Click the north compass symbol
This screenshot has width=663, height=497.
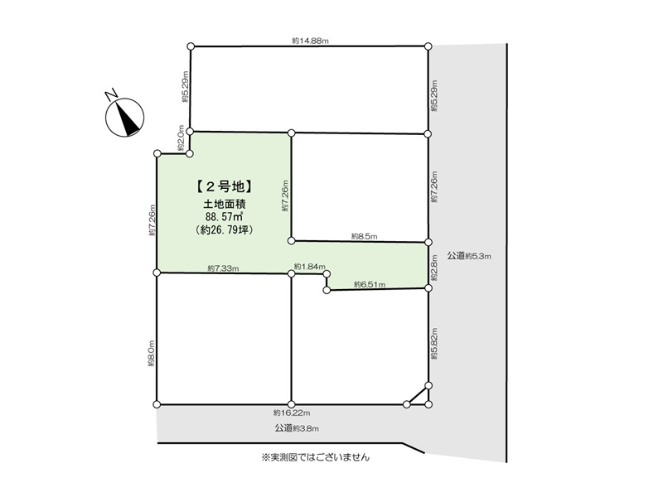point(125,117)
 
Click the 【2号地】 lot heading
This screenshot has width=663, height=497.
point(225,186)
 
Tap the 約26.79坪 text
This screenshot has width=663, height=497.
point(225,230)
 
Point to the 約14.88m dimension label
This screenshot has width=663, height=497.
point(310,41)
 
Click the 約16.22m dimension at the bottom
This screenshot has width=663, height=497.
point(292,413)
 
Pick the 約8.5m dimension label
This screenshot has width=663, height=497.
point(364,237)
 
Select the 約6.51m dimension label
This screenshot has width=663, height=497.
point(370,284)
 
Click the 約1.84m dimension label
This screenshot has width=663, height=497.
point(309,267)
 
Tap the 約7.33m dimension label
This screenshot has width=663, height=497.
point(223,268)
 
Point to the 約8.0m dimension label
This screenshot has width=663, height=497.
point(151,354)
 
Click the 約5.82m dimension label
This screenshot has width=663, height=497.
point(434,344)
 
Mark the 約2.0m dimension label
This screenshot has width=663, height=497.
point(181,138)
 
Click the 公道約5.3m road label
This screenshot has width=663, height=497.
point(469,256)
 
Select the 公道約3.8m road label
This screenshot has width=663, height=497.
point(297,428)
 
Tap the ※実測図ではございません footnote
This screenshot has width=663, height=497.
point(316,457)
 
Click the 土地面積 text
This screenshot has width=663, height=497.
point(225,205)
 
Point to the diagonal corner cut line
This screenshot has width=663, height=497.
point(418,395)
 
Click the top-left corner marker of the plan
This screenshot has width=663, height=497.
point(191,46)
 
